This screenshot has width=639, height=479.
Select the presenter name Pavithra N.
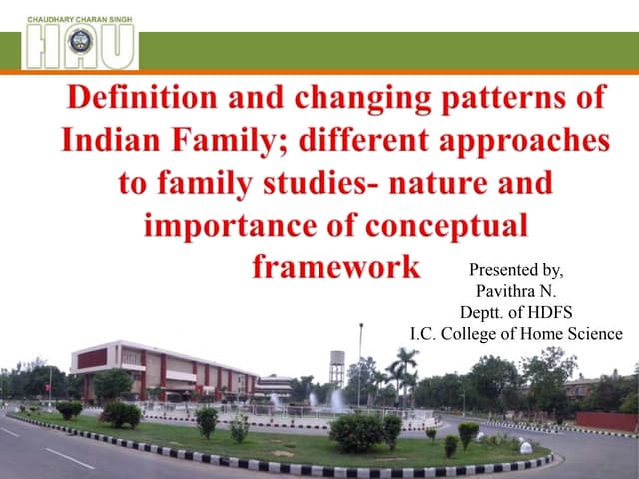pyautogui.click(x=516, y=290)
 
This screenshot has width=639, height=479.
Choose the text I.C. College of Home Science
pyautogui.click(x=516, y=333)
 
